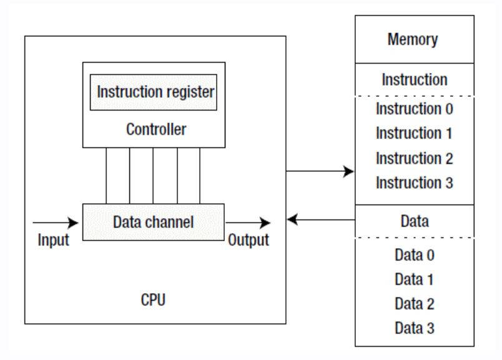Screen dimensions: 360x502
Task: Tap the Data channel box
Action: tap(154, 221)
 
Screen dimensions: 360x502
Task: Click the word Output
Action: tap(249, 241)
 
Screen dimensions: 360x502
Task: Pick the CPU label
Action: tap(154, 299)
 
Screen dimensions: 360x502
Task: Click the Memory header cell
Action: tap(413, 39)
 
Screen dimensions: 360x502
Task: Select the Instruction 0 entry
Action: tap(413, 108)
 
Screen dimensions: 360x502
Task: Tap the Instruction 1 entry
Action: tap(413, 133)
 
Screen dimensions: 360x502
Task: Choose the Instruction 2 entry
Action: tap(413, 158)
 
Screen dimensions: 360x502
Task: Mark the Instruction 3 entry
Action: tap(413, 183)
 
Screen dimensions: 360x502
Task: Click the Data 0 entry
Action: tap(413, 255)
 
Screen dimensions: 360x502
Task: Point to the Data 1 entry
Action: tap(413, 279)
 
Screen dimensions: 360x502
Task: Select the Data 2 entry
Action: tap(413, 304)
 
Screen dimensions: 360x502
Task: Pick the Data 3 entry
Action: tap(413, 329)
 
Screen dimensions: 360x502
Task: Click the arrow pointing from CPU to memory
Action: tap(320, 171)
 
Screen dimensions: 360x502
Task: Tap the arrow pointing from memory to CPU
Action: tap(320, 220)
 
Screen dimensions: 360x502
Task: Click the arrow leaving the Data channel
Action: tap(249, 222)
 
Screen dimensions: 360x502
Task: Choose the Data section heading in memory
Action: tap(413, 221)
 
